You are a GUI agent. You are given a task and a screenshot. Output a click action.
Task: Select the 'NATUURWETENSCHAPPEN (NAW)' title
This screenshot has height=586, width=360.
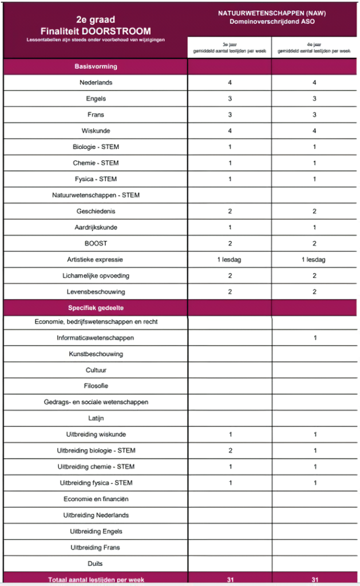click(272, 12)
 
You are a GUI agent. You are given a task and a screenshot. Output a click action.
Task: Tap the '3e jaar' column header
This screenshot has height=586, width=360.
click(230, 47)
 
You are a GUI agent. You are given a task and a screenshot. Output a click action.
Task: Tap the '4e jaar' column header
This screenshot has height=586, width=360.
click(314, 47)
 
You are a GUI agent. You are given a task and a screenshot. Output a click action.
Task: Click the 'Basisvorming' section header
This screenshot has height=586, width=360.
click(96, 66)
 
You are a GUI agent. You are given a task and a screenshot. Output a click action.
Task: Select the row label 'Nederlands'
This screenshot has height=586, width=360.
click(96, 82)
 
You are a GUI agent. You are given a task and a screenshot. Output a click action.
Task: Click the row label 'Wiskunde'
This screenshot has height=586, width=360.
click(96, 131)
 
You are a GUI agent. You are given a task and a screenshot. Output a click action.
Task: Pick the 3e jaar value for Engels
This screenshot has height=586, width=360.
click(230, 98)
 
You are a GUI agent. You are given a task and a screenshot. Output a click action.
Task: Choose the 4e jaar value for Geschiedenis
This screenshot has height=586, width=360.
click(314, 211)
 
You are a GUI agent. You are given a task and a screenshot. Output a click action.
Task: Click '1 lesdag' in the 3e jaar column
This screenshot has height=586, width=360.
click(230, 259)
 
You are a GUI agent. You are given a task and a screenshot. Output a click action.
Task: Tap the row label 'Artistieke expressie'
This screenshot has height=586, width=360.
click(96, 260)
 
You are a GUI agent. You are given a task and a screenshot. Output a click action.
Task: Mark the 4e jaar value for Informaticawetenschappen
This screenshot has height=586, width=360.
click(314, 338)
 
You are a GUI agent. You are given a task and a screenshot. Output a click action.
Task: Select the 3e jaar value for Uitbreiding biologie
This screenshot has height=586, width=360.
click(230, 450)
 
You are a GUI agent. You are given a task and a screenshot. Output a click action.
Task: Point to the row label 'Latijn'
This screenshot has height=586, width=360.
click(96, 418)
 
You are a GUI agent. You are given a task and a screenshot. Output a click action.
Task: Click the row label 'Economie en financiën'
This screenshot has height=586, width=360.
click(96, 499)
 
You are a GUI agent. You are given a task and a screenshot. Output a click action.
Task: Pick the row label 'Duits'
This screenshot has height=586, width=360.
click(96, 563)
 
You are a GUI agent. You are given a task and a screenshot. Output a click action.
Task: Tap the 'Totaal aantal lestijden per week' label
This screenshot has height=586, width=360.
click(96, 579)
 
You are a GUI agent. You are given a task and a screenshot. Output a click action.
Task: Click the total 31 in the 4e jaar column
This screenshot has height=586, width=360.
click(314, 579)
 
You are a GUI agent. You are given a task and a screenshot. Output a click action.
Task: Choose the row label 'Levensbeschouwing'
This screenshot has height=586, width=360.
click(96, 292)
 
